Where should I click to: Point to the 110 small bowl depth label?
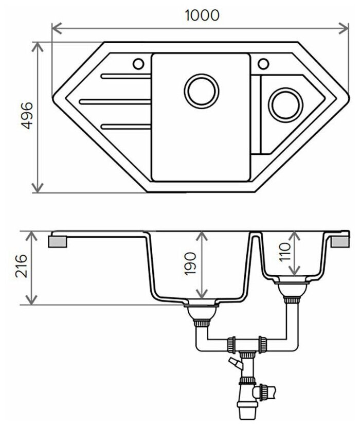point(284,253)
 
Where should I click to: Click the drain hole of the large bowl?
point(202,92)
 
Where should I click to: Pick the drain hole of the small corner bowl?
point(285,104)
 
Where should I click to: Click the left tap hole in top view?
point(138,64)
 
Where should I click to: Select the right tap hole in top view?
point(263,64)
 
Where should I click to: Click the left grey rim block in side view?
point(58,241)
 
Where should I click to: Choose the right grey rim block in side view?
point(340,241)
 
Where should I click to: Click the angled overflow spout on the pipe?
point(235,364)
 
